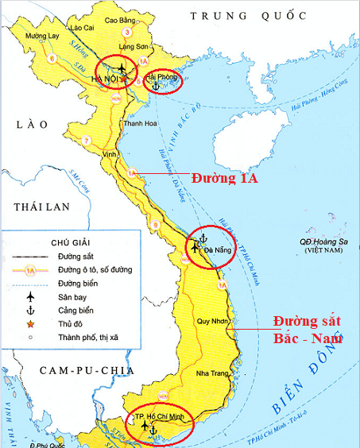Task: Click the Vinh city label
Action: pos(109,153)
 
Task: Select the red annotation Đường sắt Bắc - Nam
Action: pos(307,329)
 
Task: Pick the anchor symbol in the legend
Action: pos(30,310)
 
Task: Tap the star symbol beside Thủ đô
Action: pos(30,323)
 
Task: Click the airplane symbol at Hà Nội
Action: pos(122,68)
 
